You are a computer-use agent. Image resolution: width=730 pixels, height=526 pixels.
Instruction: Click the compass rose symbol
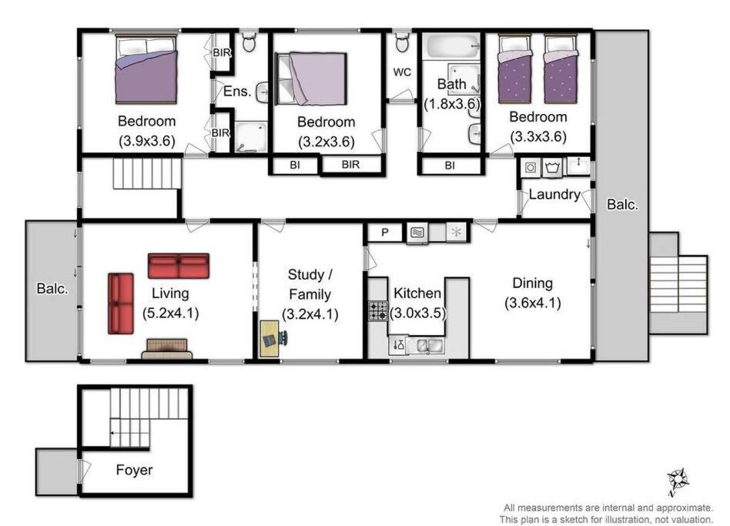coord(678,481)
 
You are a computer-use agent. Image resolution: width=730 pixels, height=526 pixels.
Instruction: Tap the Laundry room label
coord(554,194)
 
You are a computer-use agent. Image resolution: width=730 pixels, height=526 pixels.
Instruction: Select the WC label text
coord(402,72)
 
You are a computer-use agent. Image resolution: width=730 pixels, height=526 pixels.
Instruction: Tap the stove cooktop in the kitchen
coord(378,311)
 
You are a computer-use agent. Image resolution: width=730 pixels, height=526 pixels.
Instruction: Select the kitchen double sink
coord(429,345)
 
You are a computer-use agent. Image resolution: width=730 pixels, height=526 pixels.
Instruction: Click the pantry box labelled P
coord(384,233)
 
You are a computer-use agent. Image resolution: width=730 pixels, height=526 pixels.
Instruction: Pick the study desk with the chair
coord(273,338)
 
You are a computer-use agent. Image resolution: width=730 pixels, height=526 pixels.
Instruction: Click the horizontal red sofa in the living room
coord(179,266)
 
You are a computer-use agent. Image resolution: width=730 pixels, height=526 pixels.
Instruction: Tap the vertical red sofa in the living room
coord(121,303)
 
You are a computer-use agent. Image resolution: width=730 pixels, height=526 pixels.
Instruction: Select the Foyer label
coord(134,470)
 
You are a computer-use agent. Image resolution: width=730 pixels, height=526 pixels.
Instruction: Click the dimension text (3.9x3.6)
coord(146,141)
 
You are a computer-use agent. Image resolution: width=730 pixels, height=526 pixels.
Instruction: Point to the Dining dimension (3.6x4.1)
coord(533,303)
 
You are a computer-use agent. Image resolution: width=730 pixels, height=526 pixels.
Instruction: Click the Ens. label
coord(237,91)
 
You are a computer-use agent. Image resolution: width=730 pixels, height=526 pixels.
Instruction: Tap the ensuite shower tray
coord(250,137)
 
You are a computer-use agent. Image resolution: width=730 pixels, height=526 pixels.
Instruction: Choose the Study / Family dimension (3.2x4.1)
coord(310,313)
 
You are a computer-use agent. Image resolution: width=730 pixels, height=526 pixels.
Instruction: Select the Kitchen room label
coord(417,293)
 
